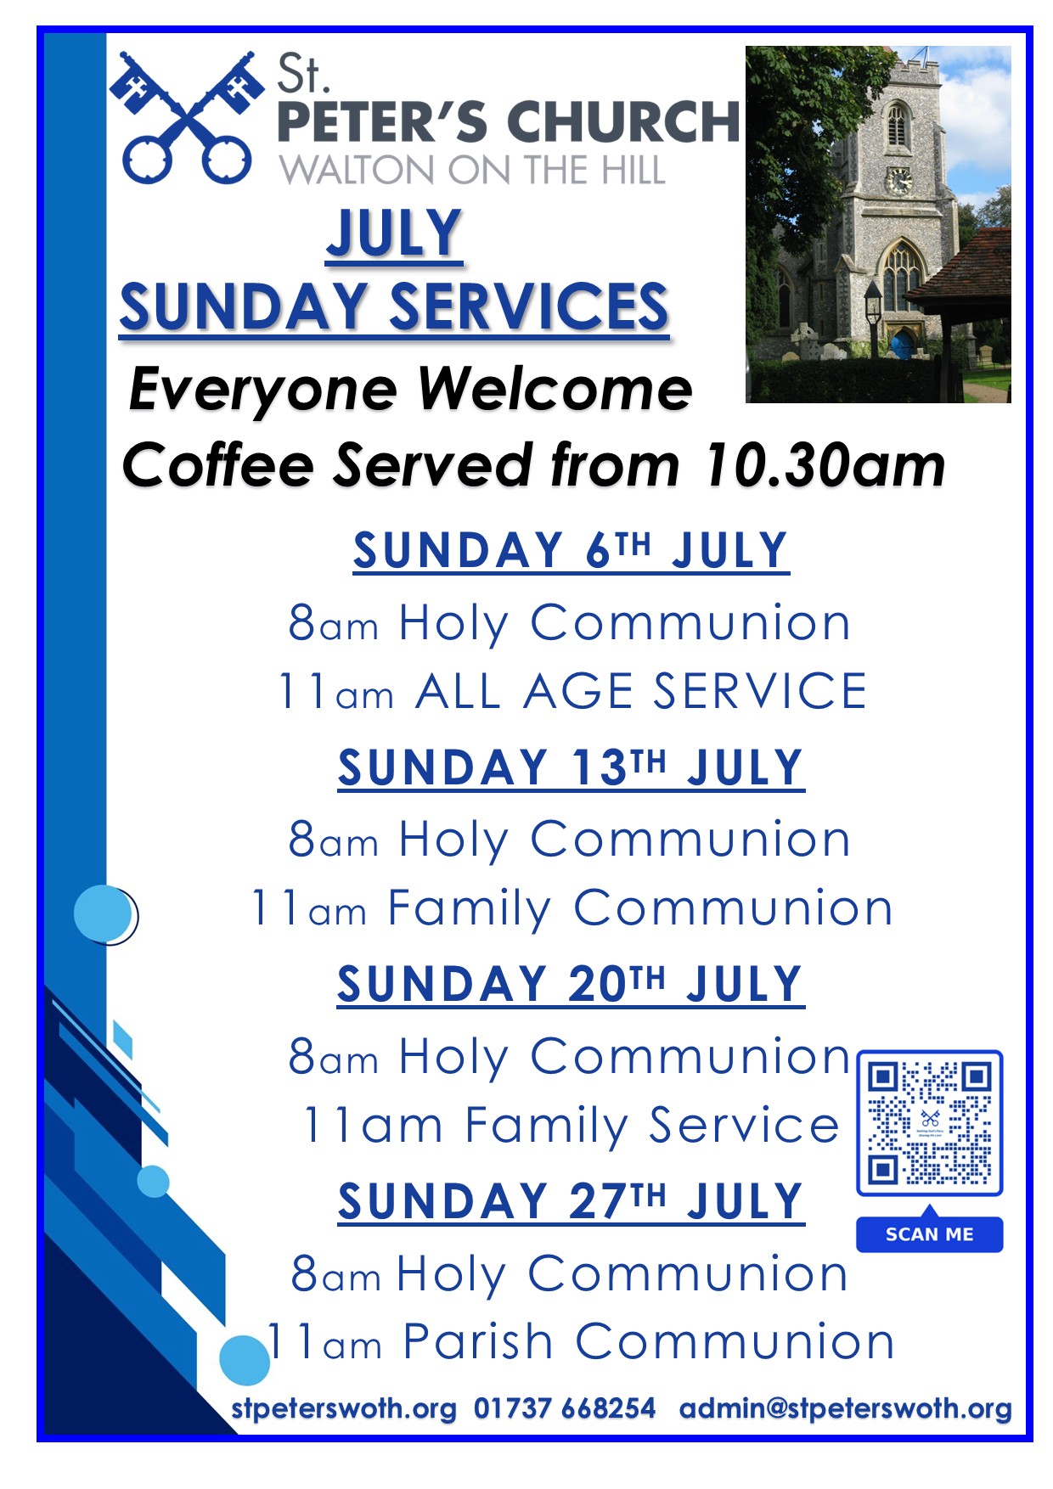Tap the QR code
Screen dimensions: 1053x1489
coord(930,1123)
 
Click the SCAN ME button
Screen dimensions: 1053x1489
coord(930,1233)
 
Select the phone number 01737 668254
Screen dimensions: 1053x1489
coord(565,1408)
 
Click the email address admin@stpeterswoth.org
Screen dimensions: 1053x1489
coord(846,1409)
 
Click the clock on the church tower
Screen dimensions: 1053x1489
coord(898,180)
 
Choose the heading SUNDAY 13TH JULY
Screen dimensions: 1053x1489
coord(572,767)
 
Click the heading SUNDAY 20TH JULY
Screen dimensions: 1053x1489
coord(572,984)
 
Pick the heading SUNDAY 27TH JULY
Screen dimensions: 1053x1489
coord(572,1201)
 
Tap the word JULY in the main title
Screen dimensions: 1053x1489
coord(395,233)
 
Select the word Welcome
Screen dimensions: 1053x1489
coord(555,390)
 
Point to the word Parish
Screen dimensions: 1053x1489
coord(478,1342)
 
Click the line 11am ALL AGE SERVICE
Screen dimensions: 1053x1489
coord(572,690)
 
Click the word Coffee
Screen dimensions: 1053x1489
coord(218,465)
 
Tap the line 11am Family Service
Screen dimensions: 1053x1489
coord(572,1126)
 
